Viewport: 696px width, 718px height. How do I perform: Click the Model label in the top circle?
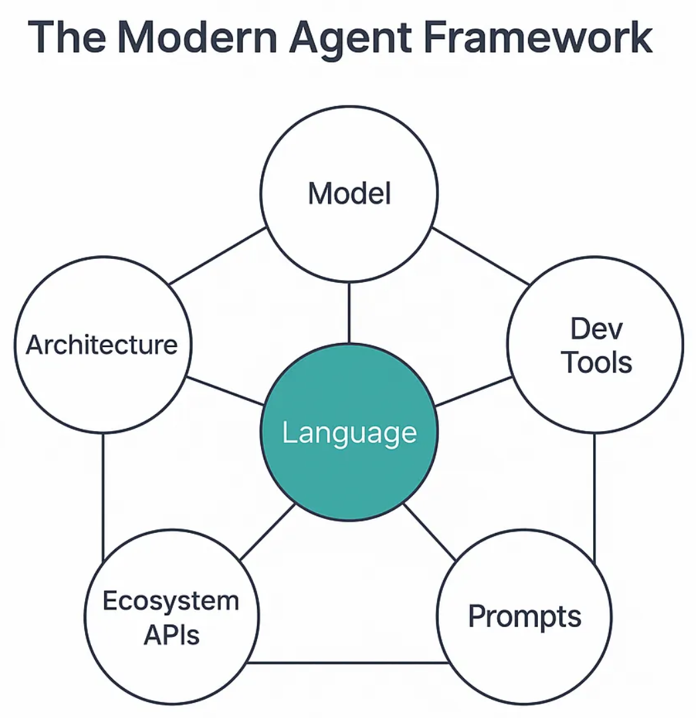coord(349,193)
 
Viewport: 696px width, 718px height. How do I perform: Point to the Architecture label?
coord(102,344)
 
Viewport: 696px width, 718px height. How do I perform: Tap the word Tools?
coord(596,362)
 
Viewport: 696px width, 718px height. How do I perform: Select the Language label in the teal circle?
coord(349,433)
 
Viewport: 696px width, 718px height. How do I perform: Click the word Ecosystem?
coord(171,601)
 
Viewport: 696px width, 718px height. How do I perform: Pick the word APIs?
coord(171,634)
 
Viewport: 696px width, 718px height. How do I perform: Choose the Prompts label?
coord(525,616)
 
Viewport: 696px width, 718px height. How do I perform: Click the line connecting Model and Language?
coord(349,313)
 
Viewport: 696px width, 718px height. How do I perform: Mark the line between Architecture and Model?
coord(217,256)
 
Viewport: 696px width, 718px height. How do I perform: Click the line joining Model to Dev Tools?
coord(481,255)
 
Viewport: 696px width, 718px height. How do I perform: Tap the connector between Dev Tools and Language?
coord(473,392)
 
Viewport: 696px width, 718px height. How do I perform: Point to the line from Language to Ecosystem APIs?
coord(268,532)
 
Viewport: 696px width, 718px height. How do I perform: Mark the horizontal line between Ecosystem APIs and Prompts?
coord(347,662)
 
